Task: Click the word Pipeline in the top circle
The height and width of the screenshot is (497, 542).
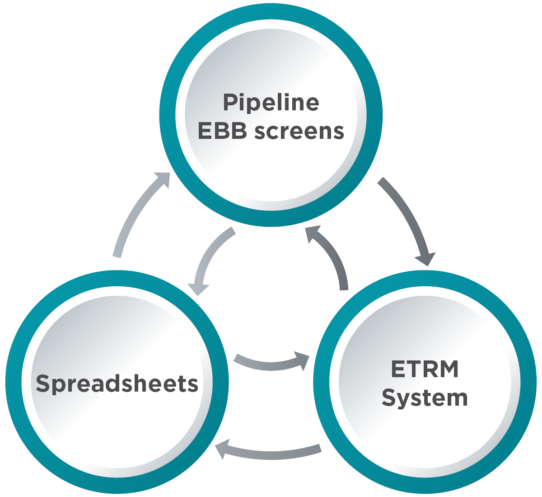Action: [271, 103]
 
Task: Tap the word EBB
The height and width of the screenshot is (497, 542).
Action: [223, 131]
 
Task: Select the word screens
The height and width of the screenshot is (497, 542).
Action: [299, 131]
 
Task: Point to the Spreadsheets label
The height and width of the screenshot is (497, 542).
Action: [117, 383]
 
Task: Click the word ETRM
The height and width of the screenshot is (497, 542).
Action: [425, 369]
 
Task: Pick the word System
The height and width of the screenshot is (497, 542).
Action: [425, 398]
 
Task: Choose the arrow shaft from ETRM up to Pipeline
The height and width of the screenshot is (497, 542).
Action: [334, 258]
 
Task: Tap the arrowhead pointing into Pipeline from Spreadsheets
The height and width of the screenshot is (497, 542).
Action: [163, 179]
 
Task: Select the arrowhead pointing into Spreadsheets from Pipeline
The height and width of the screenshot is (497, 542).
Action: [198, 289]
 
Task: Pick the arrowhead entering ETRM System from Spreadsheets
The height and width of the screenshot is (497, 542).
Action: [302, 360]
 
